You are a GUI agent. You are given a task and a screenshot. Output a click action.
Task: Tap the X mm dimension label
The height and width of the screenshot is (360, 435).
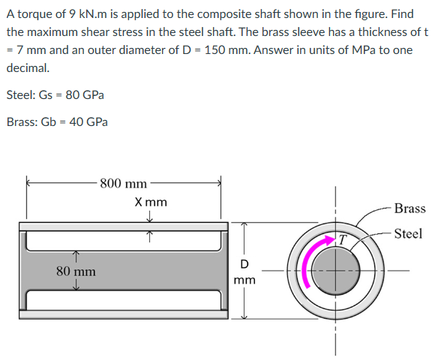[151, 202]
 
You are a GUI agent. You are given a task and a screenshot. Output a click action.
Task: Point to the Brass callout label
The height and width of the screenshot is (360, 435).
[409, 208]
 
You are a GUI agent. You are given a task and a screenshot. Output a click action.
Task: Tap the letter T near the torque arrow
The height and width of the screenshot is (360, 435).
[340, 240]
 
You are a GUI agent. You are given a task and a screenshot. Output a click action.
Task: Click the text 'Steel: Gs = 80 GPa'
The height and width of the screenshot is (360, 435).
[55, 95]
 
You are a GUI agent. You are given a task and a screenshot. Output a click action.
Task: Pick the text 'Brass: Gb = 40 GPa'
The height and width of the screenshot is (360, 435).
[56, 122]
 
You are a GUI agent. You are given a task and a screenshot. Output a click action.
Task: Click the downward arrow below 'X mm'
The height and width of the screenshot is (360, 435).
[150, 217]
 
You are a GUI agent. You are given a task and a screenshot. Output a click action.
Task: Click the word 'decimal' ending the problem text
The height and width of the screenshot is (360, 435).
[26, 66]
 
